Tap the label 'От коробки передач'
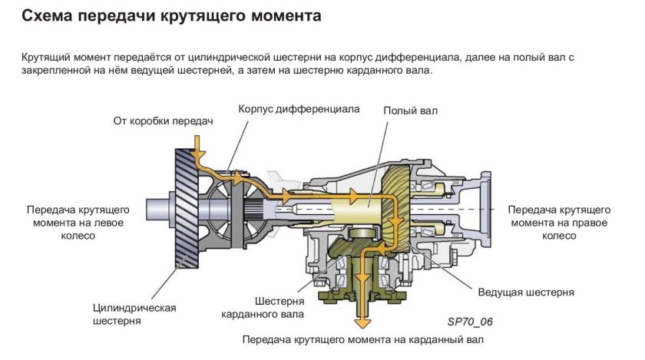click(x=162, y=121)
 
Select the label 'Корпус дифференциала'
click(x=299, y=109)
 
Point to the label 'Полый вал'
click(x=410, y=111)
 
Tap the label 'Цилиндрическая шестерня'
click(x=134, y=314)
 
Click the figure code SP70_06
click(x=469, y=322)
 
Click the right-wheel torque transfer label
click(x=558, y=223)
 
